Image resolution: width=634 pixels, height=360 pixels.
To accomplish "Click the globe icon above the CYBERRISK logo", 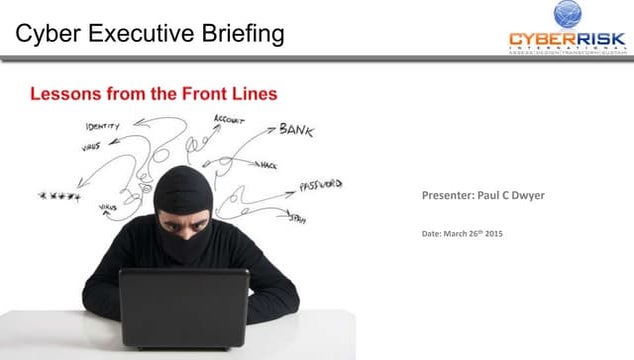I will click(572, 14).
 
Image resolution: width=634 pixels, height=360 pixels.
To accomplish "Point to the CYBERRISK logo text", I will click(567, 40).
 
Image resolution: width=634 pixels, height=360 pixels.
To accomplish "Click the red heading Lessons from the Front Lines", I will click(153, 94).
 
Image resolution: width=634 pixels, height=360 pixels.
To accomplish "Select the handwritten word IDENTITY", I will click(102, 127).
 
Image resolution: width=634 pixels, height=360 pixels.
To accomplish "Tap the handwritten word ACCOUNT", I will click(229, 120).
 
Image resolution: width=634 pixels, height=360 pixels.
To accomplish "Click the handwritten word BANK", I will click(296, 129).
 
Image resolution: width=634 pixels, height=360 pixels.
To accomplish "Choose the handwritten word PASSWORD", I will click(320, 185).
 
